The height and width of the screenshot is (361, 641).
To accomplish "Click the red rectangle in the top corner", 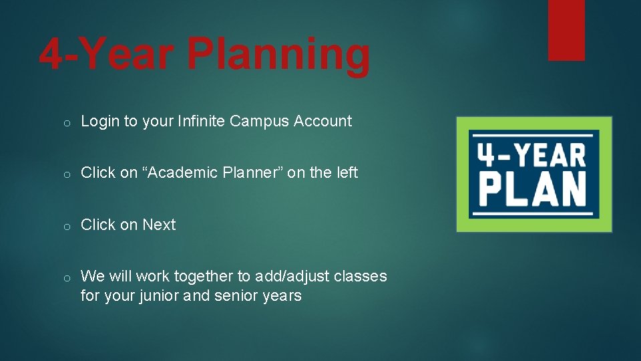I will [x=566, y=29].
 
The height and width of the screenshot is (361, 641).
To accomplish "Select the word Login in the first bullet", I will [x=100, y=122].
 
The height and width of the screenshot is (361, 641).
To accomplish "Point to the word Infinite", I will [x=201, y=121].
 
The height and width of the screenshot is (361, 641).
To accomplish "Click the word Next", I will [x=159, y=225].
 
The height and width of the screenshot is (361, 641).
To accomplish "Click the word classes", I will [x=363, y=276].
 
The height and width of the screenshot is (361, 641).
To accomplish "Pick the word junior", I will [x=158, y=295].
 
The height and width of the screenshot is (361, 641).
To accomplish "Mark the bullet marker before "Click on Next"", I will [x=67, y=226].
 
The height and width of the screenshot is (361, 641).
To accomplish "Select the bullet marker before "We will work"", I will [x=67, y=277].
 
